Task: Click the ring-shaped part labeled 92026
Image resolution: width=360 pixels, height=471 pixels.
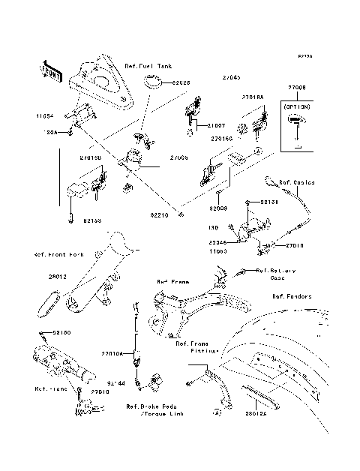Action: tap(157, 82)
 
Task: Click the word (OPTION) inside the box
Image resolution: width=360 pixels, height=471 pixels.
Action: tap(298, 108)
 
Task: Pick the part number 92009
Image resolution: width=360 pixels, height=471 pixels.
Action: tap(218, 208)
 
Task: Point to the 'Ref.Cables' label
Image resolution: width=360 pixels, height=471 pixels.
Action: tap(297, 182)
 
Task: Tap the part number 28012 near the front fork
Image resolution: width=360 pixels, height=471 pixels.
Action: tap(38, 277)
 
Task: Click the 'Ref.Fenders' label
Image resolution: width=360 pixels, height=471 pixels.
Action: tap(292, 297)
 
